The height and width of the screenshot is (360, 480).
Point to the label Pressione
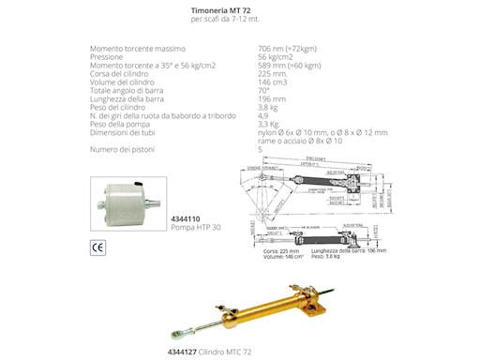(109, 56)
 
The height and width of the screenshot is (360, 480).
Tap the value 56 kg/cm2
(276, 56)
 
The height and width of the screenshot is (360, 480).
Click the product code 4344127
(176, 354)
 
